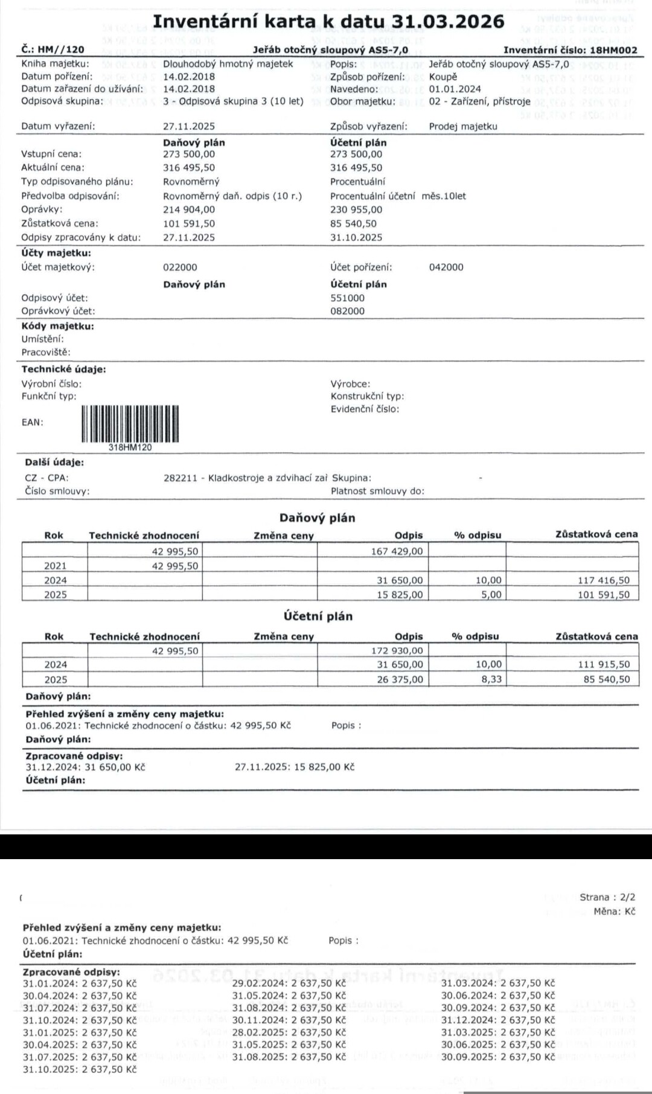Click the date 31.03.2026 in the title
[x=447, y=21]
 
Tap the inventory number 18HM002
[x=613, y=50]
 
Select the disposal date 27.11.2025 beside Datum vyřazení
[x=189, y=126]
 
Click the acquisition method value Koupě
[x=443, y=77]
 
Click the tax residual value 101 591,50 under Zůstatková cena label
[x=189, y=223]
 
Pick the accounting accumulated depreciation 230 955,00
[x=356, y=210]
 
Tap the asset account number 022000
[x=180, y=267]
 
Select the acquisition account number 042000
[x=446, y=267]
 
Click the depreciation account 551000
[x=347, y=298]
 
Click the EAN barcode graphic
[x=130, y=423]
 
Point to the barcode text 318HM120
[x=130, y=447]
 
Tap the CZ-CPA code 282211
[x=180, y=478]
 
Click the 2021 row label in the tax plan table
[x=55, y=566]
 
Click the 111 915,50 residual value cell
[x=603, y=664]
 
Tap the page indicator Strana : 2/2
[x=607, y=897]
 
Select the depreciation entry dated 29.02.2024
[x=289, y=983]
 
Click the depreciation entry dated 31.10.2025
[x=80, y=1069]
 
